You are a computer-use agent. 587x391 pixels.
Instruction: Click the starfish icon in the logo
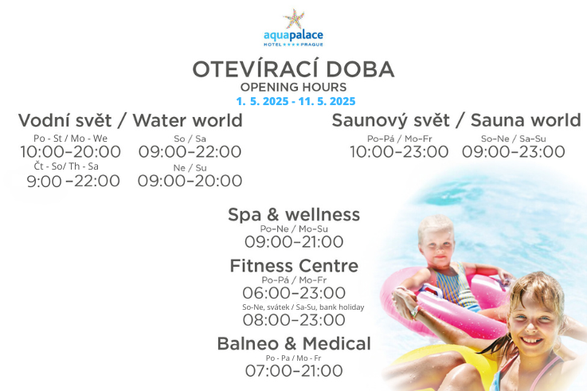click(294, 18)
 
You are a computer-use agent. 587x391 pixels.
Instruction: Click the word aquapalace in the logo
click(293, 36)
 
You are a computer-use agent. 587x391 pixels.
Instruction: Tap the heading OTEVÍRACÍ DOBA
click(293, 69)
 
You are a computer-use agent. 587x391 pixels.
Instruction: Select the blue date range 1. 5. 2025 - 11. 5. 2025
click(295, 101)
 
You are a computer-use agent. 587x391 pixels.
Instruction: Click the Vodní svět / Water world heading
click(131, 120)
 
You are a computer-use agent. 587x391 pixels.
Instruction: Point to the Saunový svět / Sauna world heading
click(456, 120)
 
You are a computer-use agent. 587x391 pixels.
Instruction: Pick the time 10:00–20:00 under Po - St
click(70, 152)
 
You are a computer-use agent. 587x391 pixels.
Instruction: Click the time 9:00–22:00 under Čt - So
click(73, 181)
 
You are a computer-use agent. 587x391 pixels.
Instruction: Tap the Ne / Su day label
click(190, 168)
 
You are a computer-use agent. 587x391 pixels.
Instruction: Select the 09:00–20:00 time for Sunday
click(190, 181)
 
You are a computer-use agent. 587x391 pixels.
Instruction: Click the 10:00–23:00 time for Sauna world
click(399, 152)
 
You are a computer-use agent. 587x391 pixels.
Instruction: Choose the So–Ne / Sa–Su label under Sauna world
click(513, 139)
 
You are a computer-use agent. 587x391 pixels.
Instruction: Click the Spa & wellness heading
click(294, 215)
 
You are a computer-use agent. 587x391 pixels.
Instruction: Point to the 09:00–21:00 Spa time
click(294, 242)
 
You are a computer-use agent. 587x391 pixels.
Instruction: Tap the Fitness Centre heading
click(294, 266)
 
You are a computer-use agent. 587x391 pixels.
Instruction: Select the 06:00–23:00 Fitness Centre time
click(294, 293)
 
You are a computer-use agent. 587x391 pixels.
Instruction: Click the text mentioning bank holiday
click(303, 307)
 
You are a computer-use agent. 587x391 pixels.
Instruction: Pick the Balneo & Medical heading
click(294, 344)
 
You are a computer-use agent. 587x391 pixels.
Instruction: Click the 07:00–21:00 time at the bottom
click(294, 371)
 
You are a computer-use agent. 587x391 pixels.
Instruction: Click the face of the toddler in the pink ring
click(437, 247)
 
